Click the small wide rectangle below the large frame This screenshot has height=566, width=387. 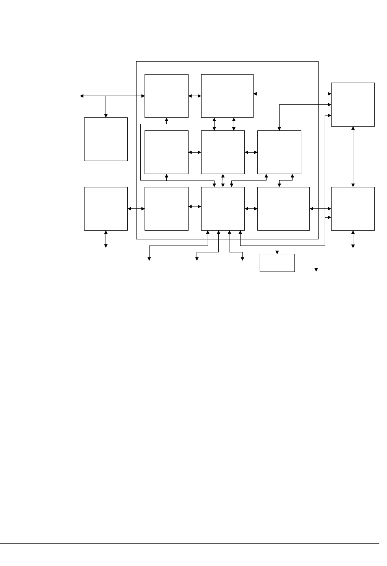(x=277, y=263)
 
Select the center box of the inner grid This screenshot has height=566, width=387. (x=223, y=152)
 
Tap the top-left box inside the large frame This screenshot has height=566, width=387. (x=166, y=96)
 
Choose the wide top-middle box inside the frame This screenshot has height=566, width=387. (x=227, y=96)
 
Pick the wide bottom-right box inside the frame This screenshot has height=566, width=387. (x=283, y=209)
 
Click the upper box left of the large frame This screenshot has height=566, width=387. (x=106, y=139)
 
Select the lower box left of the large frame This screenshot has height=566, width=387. (x=106, y=209)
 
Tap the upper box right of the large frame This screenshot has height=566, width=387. (x=353, y=104)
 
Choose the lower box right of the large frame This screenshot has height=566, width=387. (x=353, y=209)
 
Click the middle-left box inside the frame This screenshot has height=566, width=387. (x=166, y=152)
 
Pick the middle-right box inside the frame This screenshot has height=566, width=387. (x=279, y=152)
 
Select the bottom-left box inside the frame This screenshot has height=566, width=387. (x=166, y=209)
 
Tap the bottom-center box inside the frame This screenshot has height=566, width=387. (x=223, y=209)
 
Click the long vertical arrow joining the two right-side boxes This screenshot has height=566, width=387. (x=353, y=157)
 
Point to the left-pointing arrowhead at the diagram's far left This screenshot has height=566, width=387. (x=81, y=96)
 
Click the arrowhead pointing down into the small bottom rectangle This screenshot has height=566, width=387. (x=277, y=252)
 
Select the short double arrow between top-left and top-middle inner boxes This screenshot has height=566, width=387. (x=195, y=96)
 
